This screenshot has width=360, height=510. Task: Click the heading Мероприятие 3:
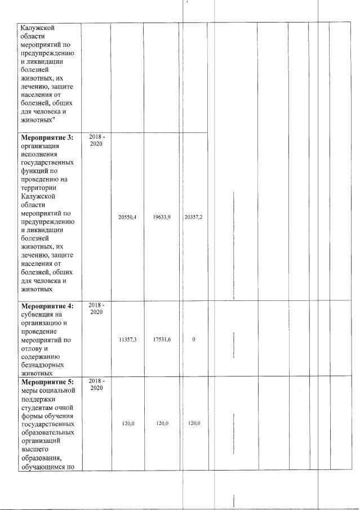(x=47, y=137)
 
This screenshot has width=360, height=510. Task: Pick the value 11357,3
(x=127, y=340)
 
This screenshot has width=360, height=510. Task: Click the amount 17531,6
(x=160, y=340)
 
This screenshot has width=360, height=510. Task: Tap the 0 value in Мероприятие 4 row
(x=194, y=340)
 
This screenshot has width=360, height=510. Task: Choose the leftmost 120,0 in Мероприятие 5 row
(x=127, y=423)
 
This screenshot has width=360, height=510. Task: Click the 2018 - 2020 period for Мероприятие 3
(x=97, y=140)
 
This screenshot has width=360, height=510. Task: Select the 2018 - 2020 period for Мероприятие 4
(x=97, y=309)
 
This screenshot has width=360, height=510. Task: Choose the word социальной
(x=56, y=392)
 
